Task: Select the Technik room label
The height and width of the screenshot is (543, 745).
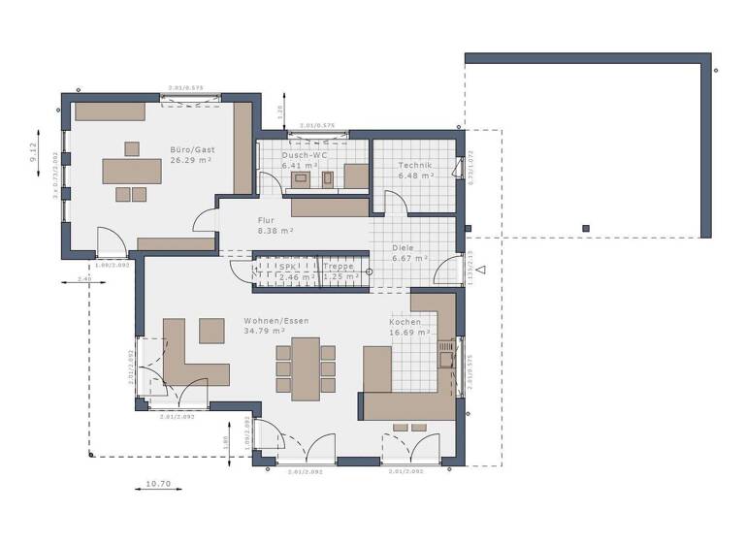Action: [x=414, y=166]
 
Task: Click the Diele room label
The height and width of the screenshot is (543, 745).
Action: [x=405, y=247]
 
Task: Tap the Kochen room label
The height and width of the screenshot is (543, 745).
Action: [x=405, y=322]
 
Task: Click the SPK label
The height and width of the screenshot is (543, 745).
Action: [x=287, y=267]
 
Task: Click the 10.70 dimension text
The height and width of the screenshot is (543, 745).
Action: [x=158, y=483]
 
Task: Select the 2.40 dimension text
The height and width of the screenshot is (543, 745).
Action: [x=85, y=278]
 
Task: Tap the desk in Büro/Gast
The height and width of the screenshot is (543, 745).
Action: [x=133, y=171]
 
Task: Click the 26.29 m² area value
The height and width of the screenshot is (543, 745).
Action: [x=187, y=161]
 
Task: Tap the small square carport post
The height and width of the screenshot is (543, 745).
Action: [x=585, y=229]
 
